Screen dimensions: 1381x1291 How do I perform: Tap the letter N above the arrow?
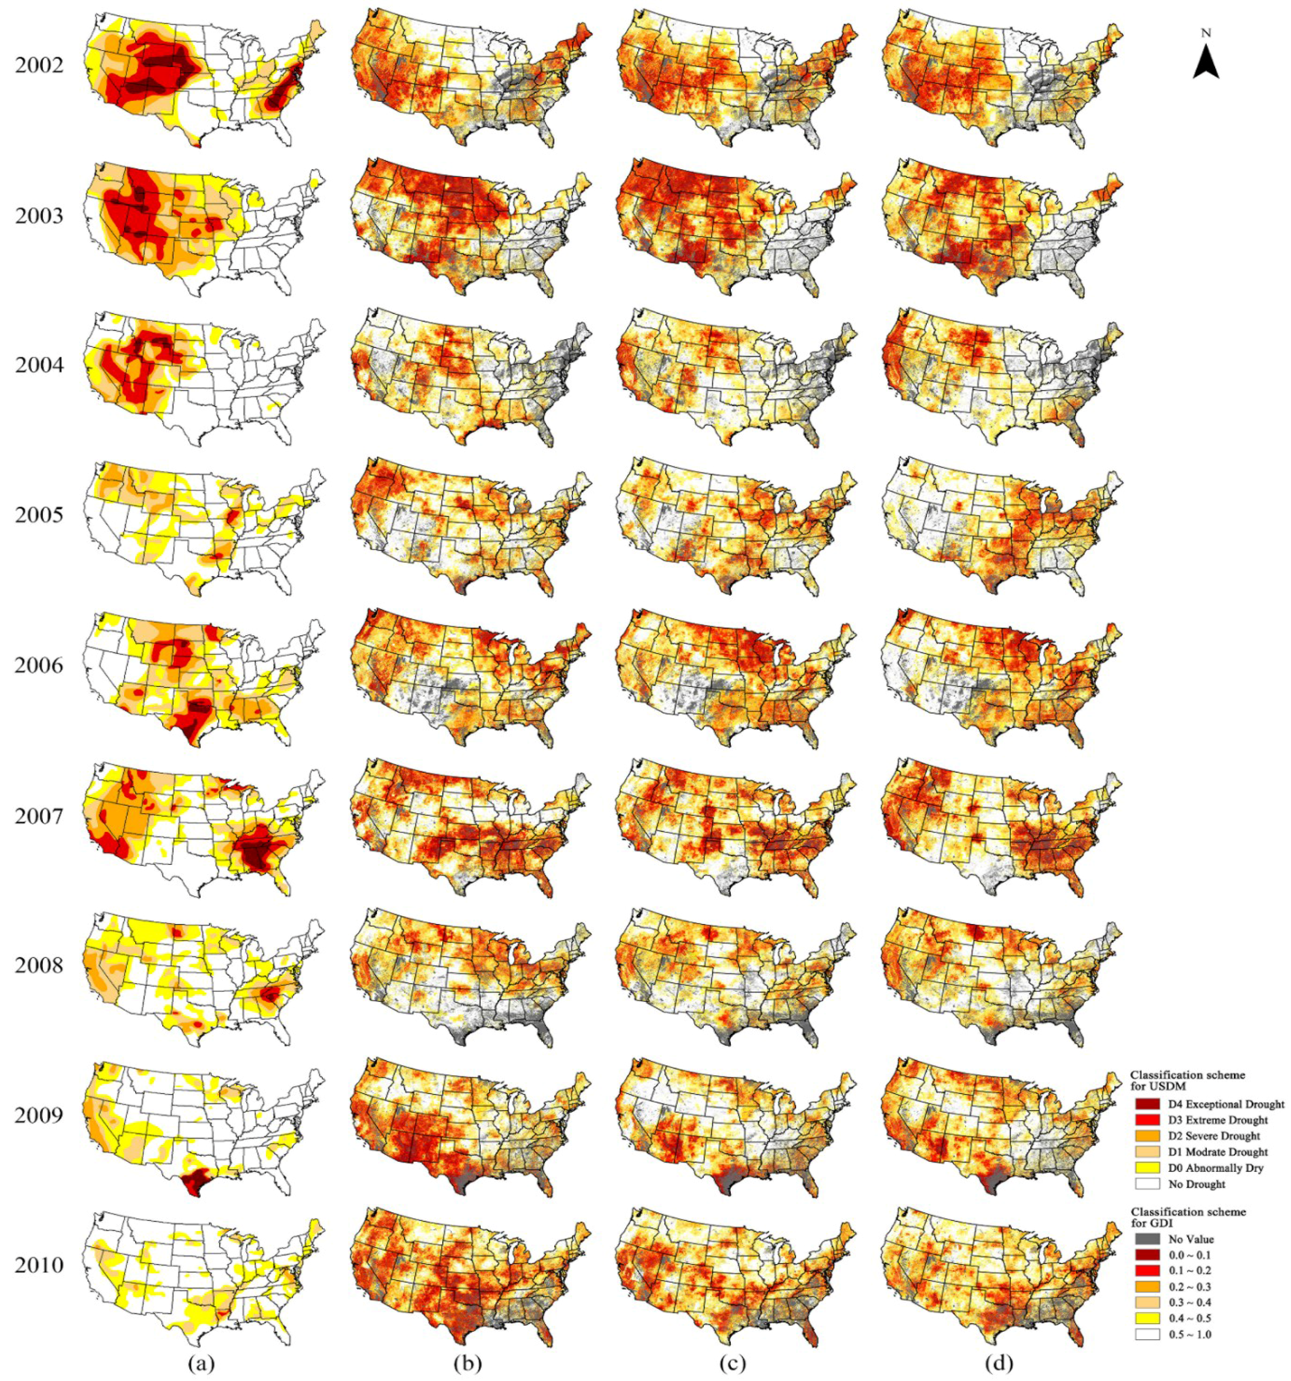coord(1206,33)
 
